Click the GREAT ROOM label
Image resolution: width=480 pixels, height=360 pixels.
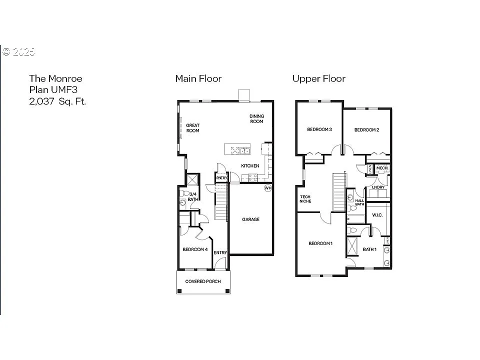[x=192, y=128]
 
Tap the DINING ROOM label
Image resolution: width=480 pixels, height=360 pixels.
[x=256, y=119]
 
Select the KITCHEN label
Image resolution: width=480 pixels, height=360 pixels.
[x=250, y=166]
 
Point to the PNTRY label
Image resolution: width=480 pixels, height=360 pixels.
[x=221, y=178]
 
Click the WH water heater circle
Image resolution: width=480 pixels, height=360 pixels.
[x=267, y=188]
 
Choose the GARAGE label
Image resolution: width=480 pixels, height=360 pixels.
[x=250, y=219]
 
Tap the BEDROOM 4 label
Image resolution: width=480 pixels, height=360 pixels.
[x=195, y=249]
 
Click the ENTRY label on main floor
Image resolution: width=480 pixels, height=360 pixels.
[x=220, y=253]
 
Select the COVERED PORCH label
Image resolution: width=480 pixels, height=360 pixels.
[x=203, y=281]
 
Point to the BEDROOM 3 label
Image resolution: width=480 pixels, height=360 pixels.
[x=319, y=130]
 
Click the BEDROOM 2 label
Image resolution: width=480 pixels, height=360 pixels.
[x=366, y=130]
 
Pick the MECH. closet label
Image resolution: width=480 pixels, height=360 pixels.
[x=381, y=168]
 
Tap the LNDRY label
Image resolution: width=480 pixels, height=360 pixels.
[x=378, y=187]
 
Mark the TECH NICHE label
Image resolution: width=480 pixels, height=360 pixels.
[x=305, y=199]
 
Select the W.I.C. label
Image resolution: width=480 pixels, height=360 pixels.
[x=377, y=215]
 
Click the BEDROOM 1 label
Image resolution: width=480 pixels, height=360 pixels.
[x=320, y=243]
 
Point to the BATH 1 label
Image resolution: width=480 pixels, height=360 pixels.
[x=369, y=249]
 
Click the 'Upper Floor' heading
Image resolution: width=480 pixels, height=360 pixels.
[x=318, y=78]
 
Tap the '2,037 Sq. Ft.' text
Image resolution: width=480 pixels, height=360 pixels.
[x=57, y=101]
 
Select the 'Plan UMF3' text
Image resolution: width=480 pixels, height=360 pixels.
[x=53, y=90]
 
